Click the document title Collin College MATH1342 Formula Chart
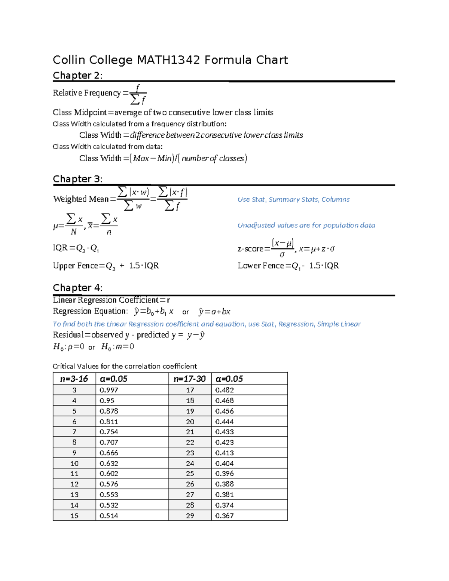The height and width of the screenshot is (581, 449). pyautogui.click(x=170, y=60)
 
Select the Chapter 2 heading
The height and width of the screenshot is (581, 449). pyautogui.click(x=77, y=76)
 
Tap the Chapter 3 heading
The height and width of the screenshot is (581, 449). pyautogui.click(x=77, y=179)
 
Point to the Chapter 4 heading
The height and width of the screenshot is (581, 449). pyautogui.click(x=77, y=288)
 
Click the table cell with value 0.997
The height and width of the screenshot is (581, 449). pyautogui.click(x=109, y=390)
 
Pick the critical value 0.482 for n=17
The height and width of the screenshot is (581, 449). pyautogui.click(x=224, y=390)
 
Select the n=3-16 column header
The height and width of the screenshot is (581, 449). pyautogui.click(x=74, y=379)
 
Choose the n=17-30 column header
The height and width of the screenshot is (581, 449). pyautogui.click(x=190, y=379)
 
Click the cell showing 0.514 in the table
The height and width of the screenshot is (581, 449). pyautogui.click(x=109, y=516)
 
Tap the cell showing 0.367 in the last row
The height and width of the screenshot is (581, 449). pyautogui.click(x=224, y=516)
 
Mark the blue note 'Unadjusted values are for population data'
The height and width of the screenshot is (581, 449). pyautogui.click(x=306, y=225)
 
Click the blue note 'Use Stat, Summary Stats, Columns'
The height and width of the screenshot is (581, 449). pyautogui.click(x=293, y=199)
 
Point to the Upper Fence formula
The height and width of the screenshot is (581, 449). pyautogui.click(x=106, y=266)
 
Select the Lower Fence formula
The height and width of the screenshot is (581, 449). pyautogui.click(x=288, y=266)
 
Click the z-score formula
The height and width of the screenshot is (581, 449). pyautogui.click(x=286, y=248)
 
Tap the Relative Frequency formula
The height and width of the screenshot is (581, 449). pyautogui.click(x=100, y=94)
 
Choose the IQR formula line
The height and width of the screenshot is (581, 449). pyautogui.click(x=76, y=248)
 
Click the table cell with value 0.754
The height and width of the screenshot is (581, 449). pyautogui.click(x=109, y=432)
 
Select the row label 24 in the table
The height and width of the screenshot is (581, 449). pyautogui.click(x=190, y=463)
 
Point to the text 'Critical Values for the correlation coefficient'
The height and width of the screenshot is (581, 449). pyautogui.click(x=125, y=366)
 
